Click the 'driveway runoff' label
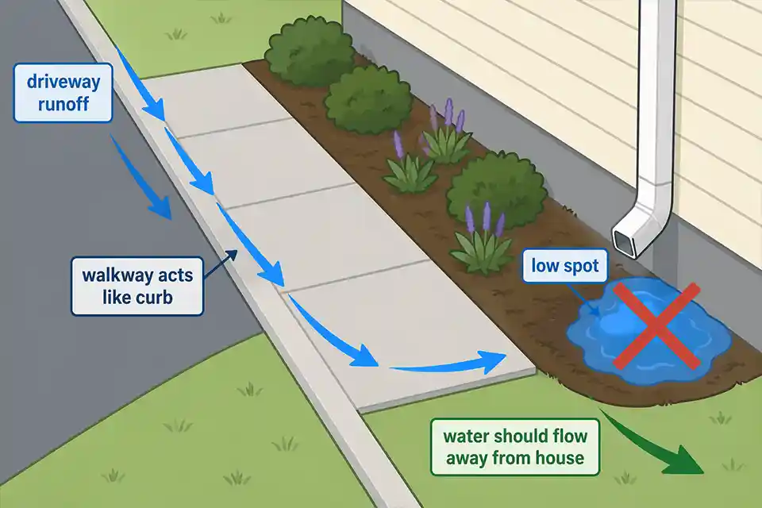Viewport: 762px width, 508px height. tap(63, 93)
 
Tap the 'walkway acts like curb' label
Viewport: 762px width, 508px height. tap(137, 287)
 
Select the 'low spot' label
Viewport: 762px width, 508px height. tap(564, 267)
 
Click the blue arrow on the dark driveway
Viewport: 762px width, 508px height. tap(143, 179)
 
